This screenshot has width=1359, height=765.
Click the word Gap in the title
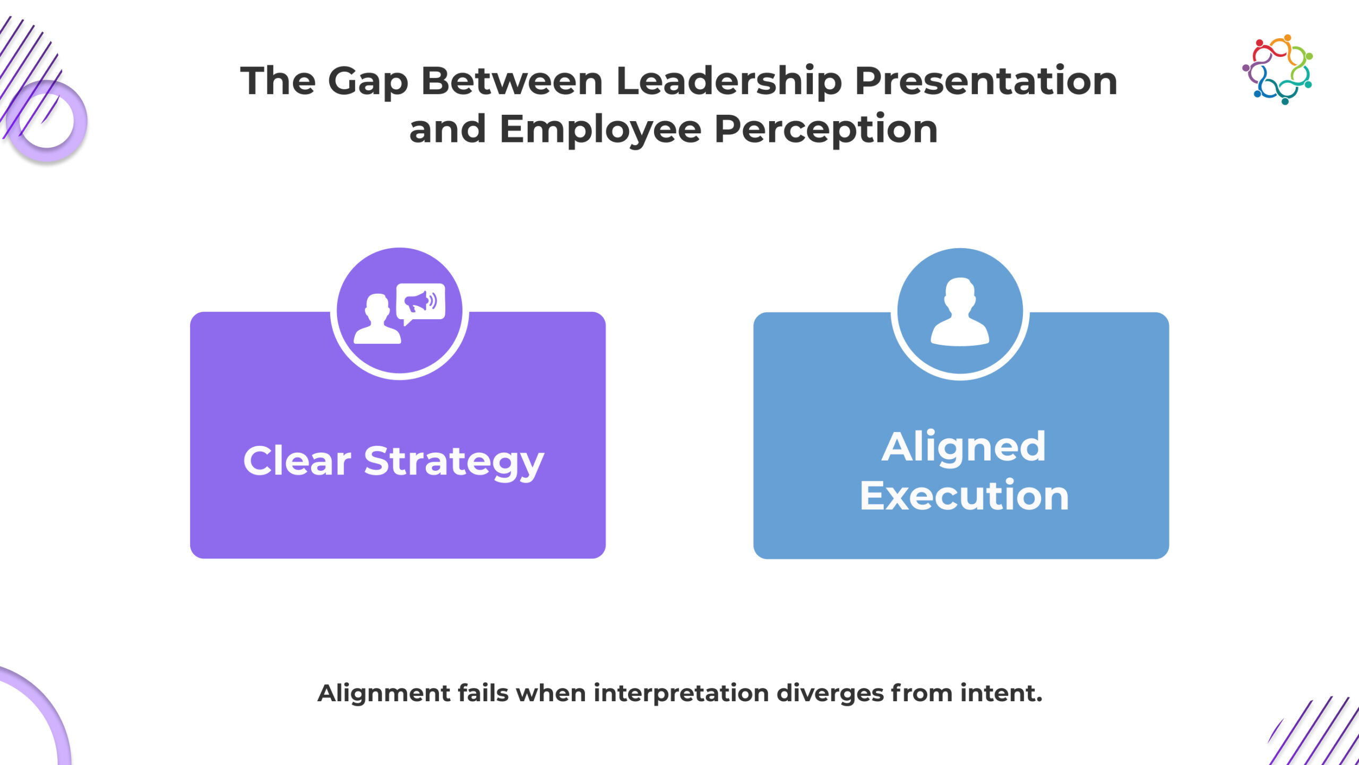[368, 82]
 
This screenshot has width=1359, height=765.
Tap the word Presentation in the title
[986, 81]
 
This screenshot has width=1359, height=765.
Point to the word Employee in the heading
[600, 131]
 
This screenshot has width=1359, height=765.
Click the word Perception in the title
[826, 131]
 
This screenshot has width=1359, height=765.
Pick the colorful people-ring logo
[1278, 70]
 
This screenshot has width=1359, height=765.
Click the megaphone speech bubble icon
[420, 303]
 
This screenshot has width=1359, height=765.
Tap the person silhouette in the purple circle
[377, 319]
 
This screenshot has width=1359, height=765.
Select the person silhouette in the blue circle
[960, 312]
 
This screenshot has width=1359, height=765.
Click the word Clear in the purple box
[297, 461]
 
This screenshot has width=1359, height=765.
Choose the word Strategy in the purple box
[454, 462]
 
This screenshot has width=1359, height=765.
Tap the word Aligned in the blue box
[964, 448]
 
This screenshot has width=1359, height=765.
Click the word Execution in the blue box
[964, 495]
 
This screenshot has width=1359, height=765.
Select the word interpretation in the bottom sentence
[681, 694]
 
